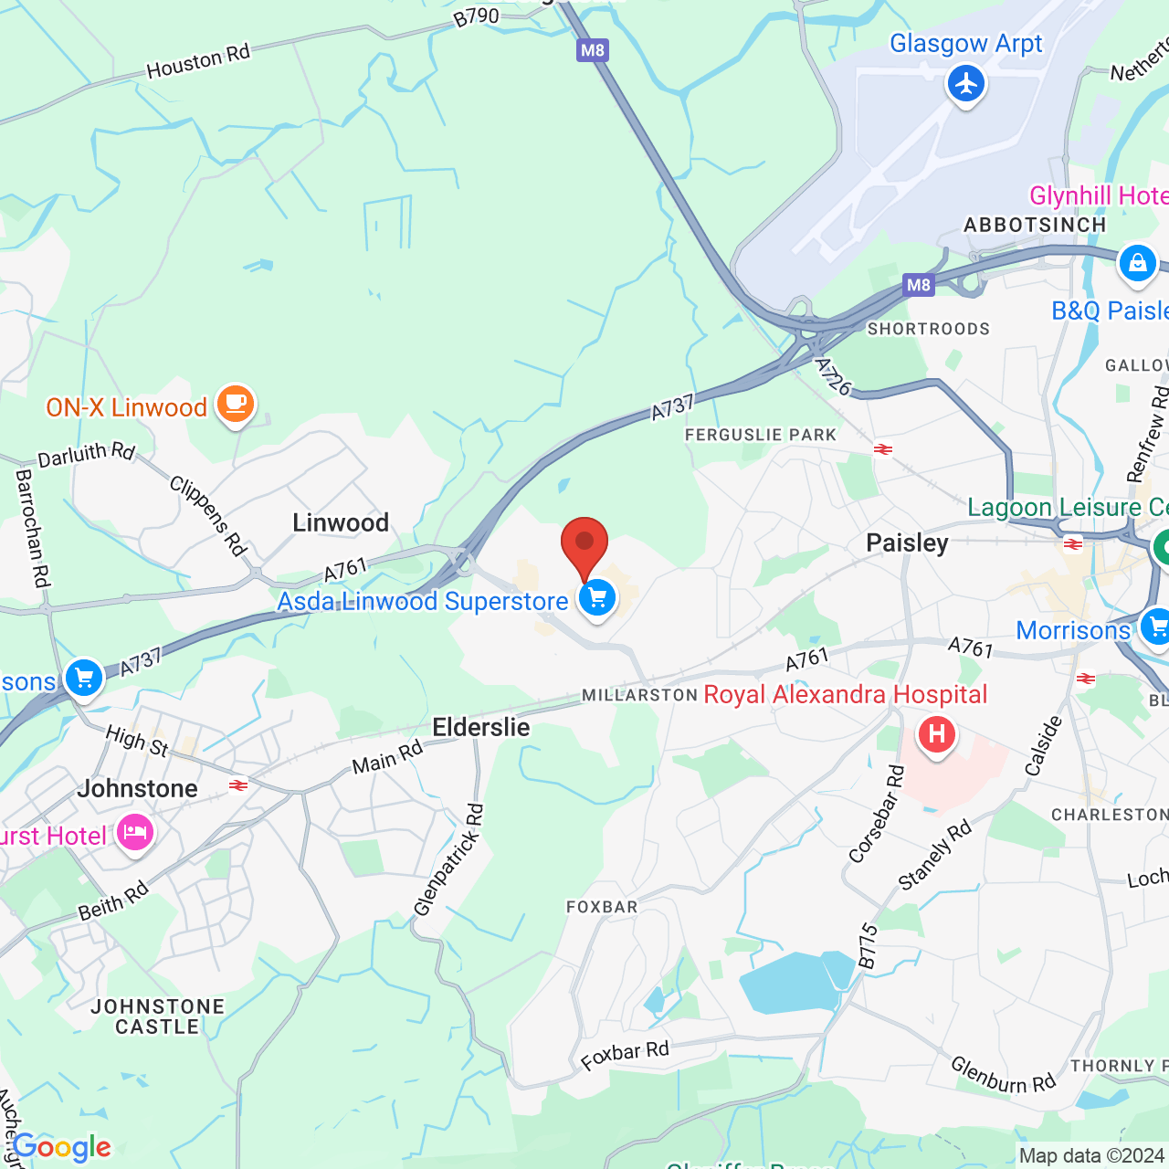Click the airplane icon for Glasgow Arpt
coord(965,85)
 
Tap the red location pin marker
coord(584,546)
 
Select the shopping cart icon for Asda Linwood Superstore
coord(597,599)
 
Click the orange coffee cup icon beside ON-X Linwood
coord(236,404)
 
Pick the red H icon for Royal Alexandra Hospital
coord(936,734)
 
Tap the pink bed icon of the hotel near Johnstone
coord(135,833)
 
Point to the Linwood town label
coord(341,522)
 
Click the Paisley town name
coord(907,542)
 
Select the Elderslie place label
coord(481,727)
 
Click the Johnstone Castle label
coord(157,1016)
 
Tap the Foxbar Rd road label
coord(626,1055)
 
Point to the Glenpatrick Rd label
coord(448,859)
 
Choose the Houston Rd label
coord(198,62)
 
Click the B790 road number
coord(477,17)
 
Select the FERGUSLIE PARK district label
coord(761,435)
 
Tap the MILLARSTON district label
coord(640,695)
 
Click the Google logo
coord(62,1147)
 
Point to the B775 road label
coord(868,946)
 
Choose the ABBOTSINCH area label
coord(1035,225)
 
